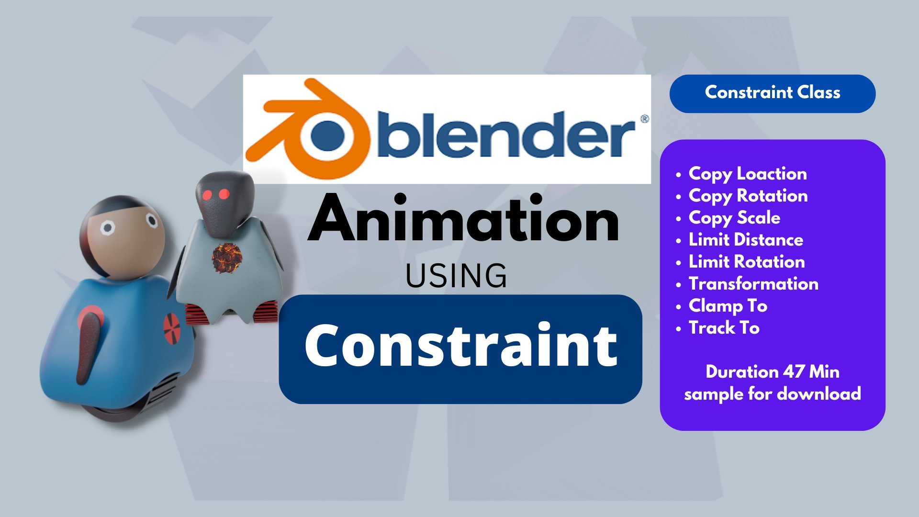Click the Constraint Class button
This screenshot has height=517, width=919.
pyautogui.click(x=773, y=94)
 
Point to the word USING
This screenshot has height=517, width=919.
pyautogui.click(x=456, y=276)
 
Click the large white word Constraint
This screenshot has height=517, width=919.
pyautogui.click(x=460, y=345)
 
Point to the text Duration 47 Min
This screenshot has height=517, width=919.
pyautogui.click(x=773, y=372)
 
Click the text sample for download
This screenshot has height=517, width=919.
pyautogui.click(x=773, y=394)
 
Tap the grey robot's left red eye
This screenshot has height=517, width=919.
pyautogui.click(x=207, y=195)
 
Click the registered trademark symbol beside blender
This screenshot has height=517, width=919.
pyautogui.click(x=644, y=119)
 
